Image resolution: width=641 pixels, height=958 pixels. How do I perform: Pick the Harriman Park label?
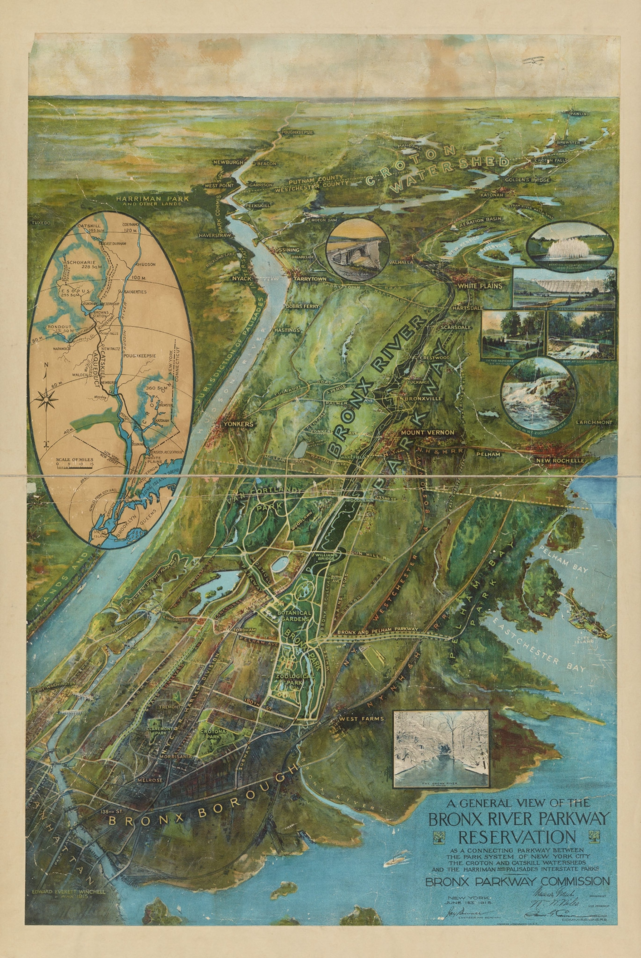(152, 199)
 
